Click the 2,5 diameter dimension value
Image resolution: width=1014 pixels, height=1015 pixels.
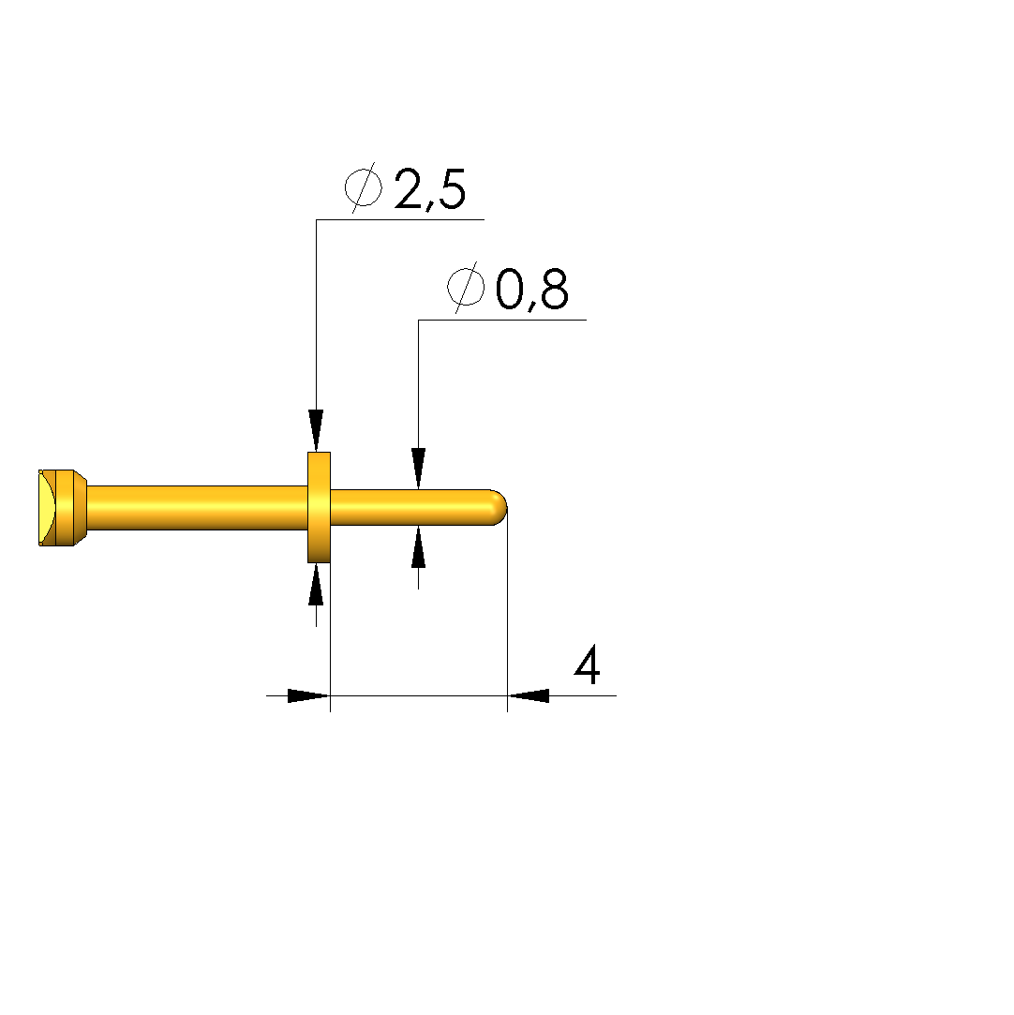coord(429,189)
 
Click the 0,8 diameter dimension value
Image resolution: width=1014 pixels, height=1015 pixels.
coord(532,290)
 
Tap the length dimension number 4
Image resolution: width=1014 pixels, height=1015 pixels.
coord(588,664)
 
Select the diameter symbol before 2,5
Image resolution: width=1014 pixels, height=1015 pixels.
coord(363,187)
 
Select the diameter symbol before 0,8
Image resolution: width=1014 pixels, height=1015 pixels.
coord(465,288)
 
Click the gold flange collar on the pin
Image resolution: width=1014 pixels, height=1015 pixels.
coord(319,508)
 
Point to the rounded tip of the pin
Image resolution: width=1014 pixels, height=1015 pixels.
coord(499,508)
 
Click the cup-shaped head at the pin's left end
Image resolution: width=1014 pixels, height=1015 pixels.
coord(63,508)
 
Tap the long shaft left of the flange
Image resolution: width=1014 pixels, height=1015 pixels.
coord(197,508)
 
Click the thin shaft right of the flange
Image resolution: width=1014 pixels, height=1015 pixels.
coord(414,508)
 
